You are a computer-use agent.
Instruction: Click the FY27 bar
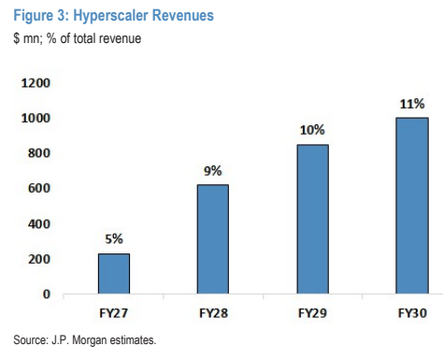pos(114,274)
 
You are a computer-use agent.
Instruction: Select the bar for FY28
pos(213,239)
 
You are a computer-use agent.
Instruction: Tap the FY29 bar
pos(312,219)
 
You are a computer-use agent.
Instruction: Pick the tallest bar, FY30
pos(412,206)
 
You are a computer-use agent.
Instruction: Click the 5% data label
pos(114,239)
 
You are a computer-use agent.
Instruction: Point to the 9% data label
pos(213,171)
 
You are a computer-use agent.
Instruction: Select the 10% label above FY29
pos(312,130)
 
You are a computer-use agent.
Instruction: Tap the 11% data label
pos(412,104)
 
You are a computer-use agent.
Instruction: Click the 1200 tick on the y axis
pos(36,83)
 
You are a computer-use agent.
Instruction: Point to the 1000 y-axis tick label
pos(36,118)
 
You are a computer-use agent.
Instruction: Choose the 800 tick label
pos(39,153)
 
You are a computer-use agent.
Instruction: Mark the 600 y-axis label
pos(39,188)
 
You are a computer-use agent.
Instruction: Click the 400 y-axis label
pos(39,223)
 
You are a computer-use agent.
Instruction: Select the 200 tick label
pos(39,259)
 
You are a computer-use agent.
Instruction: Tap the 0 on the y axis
pos(47,294)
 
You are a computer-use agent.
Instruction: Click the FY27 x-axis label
pos(114,313)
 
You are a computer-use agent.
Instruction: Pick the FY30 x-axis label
pos(412,313)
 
